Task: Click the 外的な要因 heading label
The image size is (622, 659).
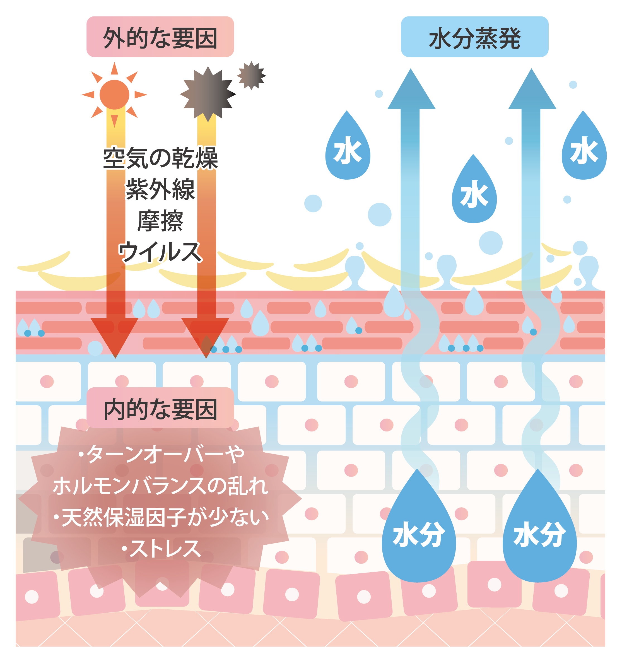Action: (160, 37)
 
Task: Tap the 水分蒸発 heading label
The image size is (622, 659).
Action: (474, 37)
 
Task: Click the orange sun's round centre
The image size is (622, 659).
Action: (114, 95)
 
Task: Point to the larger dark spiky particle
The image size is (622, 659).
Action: (208, 94)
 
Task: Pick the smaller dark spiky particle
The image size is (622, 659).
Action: (251, 76)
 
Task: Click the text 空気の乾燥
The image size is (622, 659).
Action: (160, 158)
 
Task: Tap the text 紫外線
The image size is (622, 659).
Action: (160, 189)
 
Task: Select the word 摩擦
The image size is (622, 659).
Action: (160, 220)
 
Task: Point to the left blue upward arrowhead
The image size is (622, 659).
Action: (411, 91)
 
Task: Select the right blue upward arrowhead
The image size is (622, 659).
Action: (532, 91)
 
